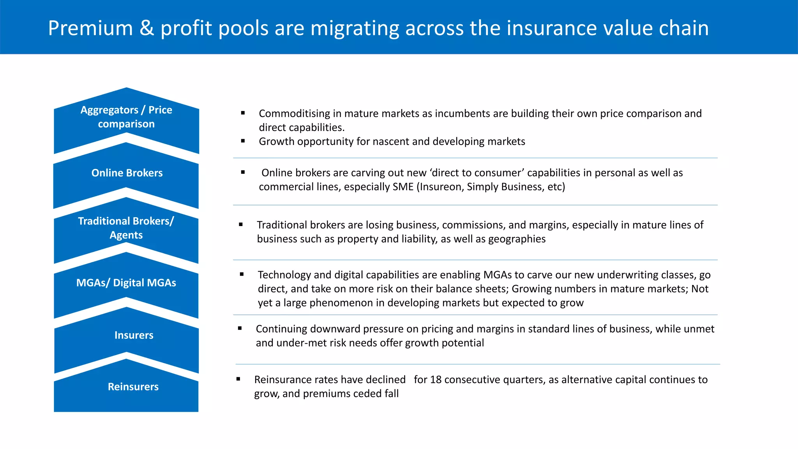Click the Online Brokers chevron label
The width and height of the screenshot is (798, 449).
point(127,173)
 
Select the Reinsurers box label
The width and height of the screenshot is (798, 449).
point(133,387)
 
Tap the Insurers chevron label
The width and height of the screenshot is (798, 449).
point(134,335)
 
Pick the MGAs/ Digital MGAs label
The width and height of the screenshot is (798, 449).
point(126,283)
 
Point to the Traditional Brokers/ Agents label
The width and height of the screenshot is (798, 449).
point(126,228)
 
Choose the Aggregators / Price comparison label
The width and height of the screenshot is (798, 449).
point(126,117)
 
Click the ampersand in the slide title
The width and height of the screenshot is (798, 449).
point(147,28)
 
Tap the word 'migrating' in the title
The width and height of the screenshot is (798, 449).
point(355,28)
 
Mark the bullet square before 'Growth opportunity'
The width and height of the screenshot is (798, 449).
point(243,141)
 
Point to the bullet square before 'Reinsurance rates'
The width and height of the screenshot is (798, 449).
point(238,379)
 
